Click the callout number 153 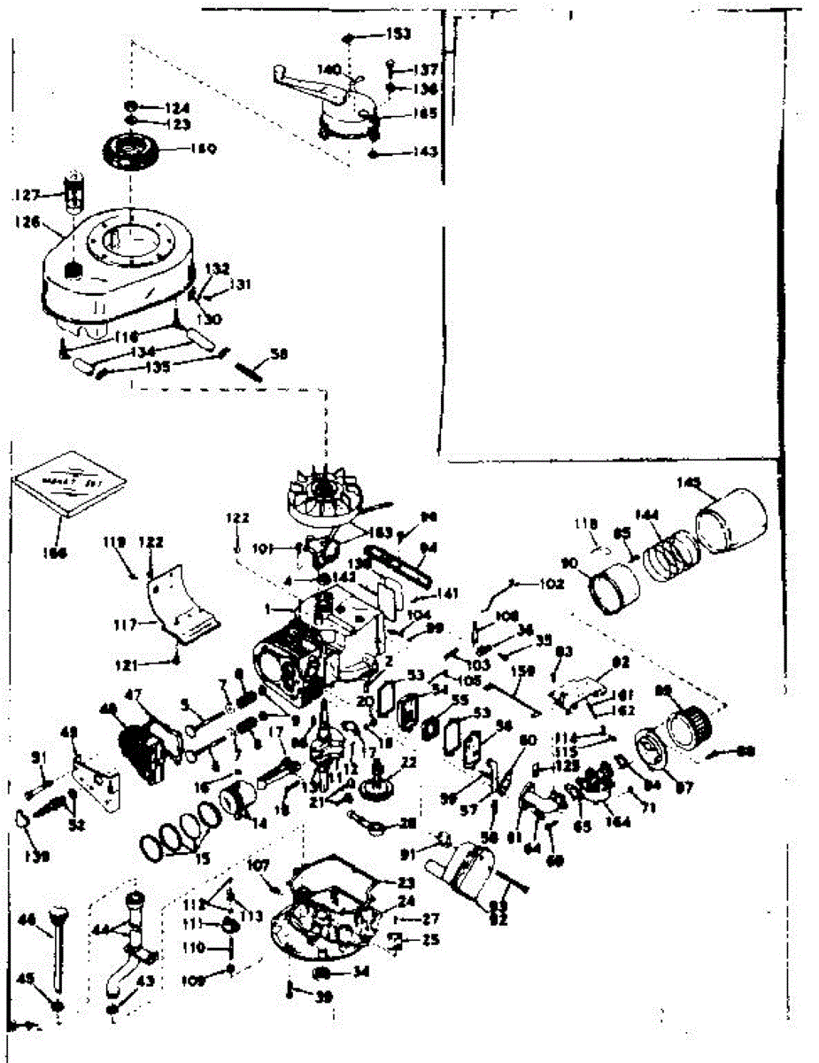(398, 34)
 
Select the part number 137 (427, 69)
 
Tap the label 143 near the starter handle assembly (425, 152)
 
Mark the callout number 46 (27, 921)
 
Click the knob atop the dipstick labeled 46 (59, 912)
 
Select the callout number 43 (144, 982)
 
